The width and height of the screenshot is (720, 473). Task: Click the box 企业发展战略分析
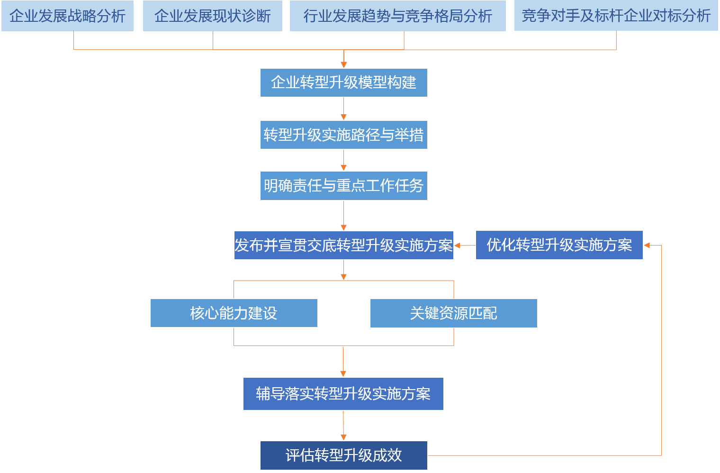[67, 16]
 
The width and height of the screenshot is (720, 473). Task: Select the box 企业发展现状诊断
[212, 16]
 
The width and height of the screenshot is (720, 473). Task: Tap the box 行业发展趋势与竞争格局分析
[397, 16]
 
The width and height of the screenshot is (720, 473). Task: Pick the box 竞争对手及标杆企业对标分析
[616, 16]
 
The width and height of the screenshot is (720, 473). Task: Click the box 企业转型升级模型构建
[343, 82]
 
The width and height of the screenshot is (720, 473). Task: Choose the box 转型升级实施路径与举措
[343, 135]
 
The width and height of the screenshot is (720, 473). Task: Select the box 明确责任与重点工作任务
[343, 185]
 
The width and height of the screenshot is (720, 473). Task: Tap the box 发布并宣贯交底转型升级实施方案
[343, 245]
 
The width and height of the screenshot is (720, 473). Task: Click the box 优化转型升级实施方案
[559, 245]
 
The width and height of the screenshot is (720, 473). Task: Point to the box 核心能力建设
[234, 313]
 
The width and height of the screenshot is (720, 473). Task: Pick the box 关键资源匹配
[453, 313]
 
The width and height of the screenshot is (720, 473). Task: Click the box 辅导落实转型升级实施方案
[343, 393]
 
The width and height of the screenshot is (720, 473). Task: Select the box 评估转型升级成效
[343, 455]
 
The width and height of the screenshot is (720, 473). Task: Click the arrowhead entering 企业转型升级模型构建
[344, 65]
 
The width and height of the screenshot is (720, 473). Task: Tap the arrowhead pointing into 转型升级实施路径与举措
[344, 117]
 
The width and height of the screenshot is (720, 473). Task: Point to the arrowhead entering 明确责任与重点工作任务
[344, 168]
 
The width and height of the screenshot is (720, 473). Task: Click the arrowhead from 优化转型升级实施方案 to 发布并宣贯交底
[458, 246]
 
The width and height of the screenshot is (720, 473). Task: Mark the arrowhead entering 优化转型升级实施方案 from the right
[647, 246]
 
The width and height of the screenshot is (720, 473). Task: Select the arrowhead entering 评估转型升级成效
[343, 437]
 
